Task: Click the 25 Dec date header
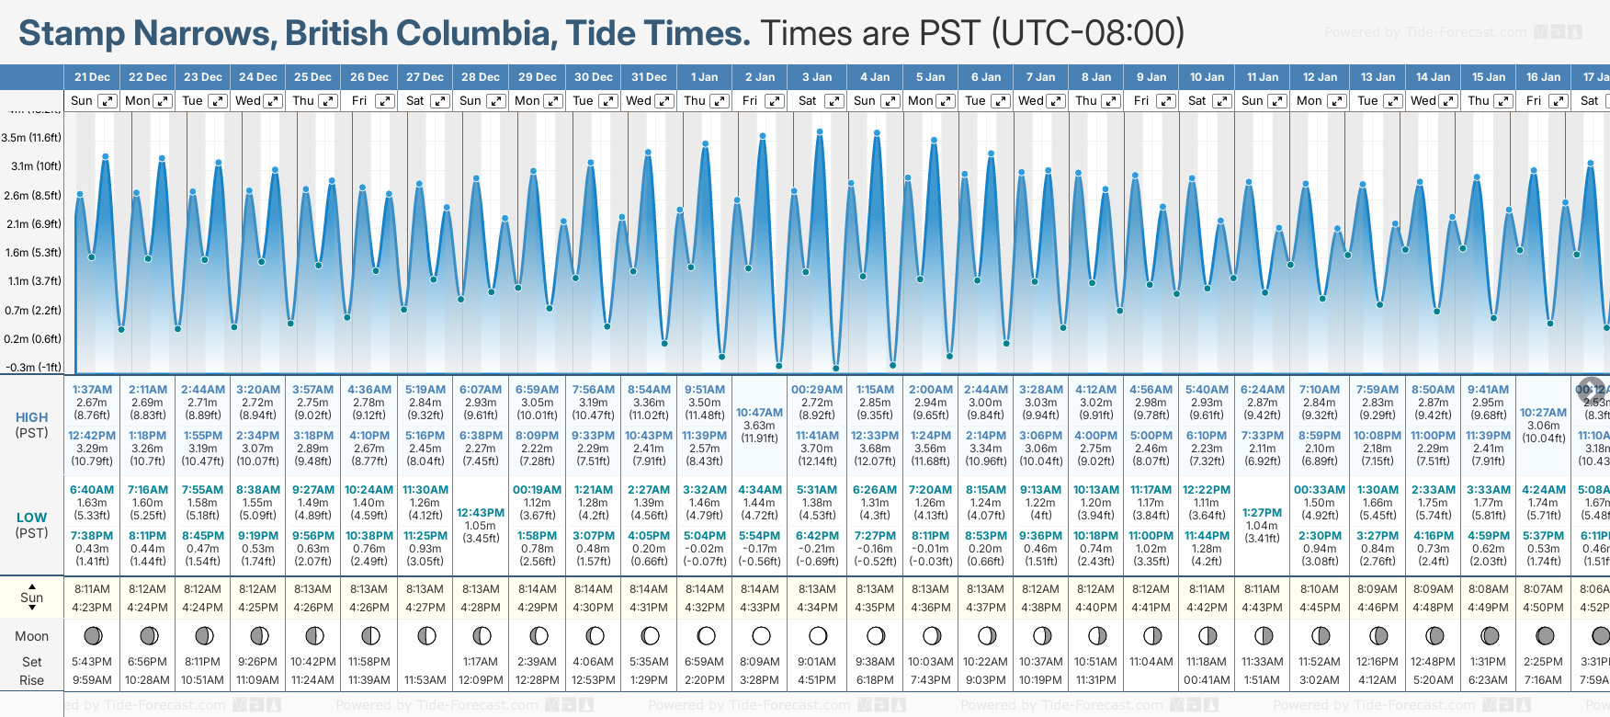(x=312, y=77)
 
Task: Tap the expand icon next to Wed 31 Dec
(x=664, y=101)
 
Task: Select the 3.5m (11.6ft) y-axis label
(x=31, y=138)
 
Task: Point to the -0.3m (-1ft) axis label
(x=33, y=367)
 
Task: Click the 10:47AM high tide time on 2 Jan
(x=759, y=413)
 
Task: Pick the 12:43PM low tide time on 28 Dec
(x=481, y=513)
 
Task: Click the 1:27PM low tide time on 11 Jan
(x=1262, y=513)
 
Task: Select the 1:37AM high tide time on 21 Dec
(x=92, y=390)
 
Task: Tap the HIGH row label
(x=31, y=417)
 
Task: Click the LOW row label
(x=31, y=518)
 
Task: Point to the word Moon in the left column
(x=31, y=636)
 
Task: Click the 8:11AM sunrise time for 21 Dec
(x=92, y=589)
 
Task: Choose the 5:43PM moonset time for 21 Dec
(x=92, y=662)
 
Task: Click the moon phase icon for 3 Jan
(x=817, y=636)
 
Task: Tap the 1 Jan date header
(x=704, y=77)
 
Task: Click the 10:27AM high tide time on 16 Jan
(x=1543, y=413)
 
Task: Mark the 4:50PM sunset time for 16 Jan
(x=1543, y=608)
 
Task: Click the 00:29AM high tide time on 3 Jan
(x=817, y=390)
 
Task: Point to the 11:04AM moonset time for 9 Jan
(x=1151, y=662)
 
